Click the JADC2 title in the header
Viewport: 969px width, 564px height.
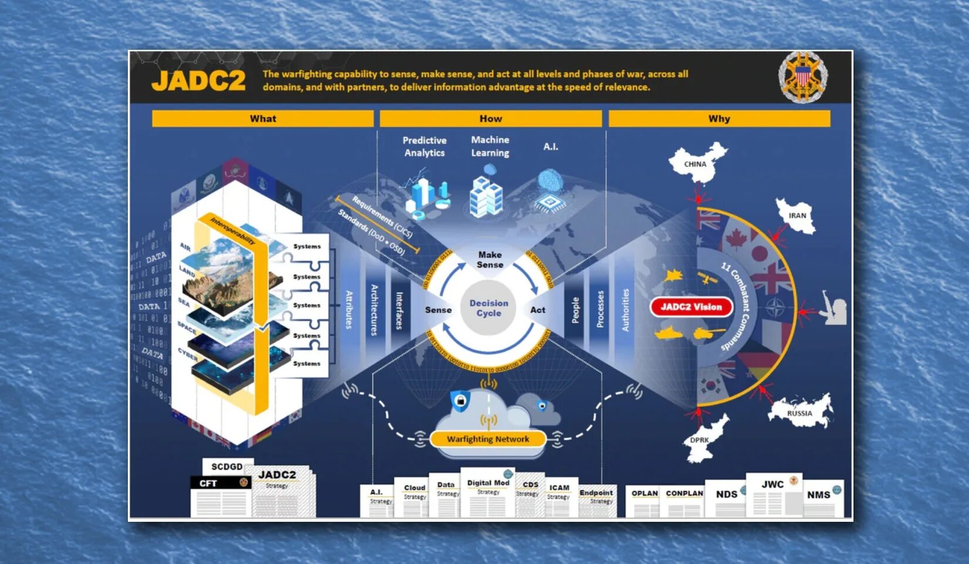[x=198, y=80]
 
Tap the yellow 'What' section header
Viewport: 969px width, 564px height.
[x=263, y=118]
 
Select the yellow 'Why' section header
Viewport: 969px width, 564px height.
[x=719, y=118]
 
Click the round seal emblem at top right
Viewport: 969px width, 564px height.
[x=802, y=77]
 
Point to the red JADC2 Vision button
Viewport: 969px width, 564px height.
[x=692, y=307]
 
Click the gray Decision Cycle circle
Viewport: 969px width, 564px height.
[x=489, y=308]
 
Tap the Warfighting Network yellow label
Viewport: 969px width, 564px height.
[x=487, y=439]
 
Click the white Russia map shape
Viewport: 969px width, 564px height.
[x=800, y=410]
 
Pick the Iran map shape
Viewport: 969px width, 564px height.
[x=795, y=216]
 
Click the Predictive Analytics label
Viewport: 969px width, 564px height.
[x=424, y=147]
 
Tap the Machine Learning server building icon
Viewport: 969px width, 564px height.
[x=486, y=193]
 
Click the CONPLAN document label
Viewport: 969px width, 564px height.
[x=684, y=494]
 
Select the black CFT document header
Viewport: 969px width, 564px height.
[x=221, y=483]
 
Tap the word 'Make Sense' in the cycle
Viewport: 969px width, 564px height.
[x=490, y=260]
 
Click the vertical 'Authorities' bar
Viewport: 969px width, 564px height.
[x=625, y=310]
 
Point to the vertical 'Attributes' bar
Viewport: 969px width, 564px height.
[x=349, y=310]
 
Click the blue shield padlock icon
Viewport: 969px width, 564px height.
[x=460, y=401]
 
